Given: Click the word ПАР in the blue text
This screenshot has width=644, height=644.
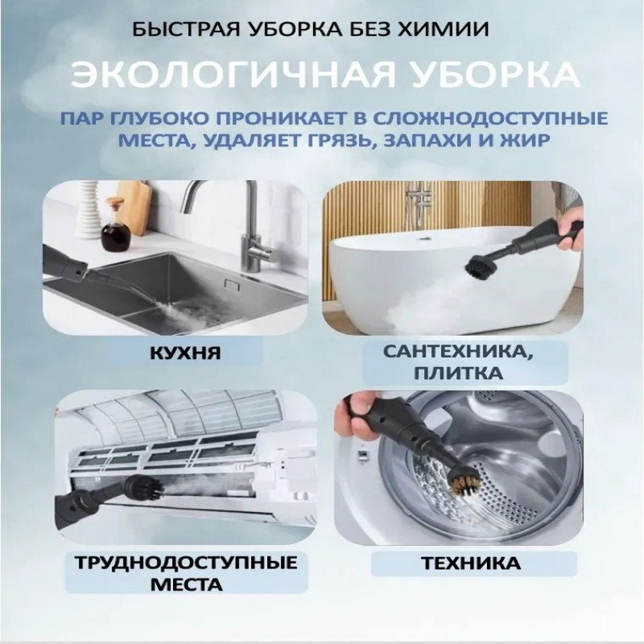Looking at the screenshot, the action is [x=83, y=118].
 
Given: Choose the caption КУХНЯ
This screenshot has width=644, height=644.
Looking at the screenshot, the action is [x=185, y=353].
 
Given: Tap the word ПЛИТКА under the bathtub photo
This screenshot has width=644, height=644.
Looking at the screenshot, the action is [x=458, y=374].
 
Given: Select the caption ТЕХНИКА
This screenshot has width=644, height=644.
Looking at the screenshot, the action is [x=471, y=563].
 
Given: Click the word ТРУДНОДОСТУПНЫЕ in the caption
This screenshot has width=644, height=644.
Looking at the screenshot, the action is [x=187, y=562].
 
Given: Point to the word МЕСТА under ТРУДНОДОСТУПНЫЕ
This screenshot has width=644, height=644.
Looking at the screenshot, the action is [x=187, y=584].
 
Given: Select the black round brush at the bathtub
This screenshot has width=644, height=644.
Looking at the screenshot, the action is [x=481, y=266].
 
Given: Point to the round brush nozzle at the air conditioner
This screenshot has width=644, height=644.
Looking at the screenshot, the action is [x=146, y=487].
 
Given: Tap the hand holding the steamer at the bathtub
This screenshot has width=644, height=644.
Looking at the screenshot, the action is [x=572, y=225].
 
